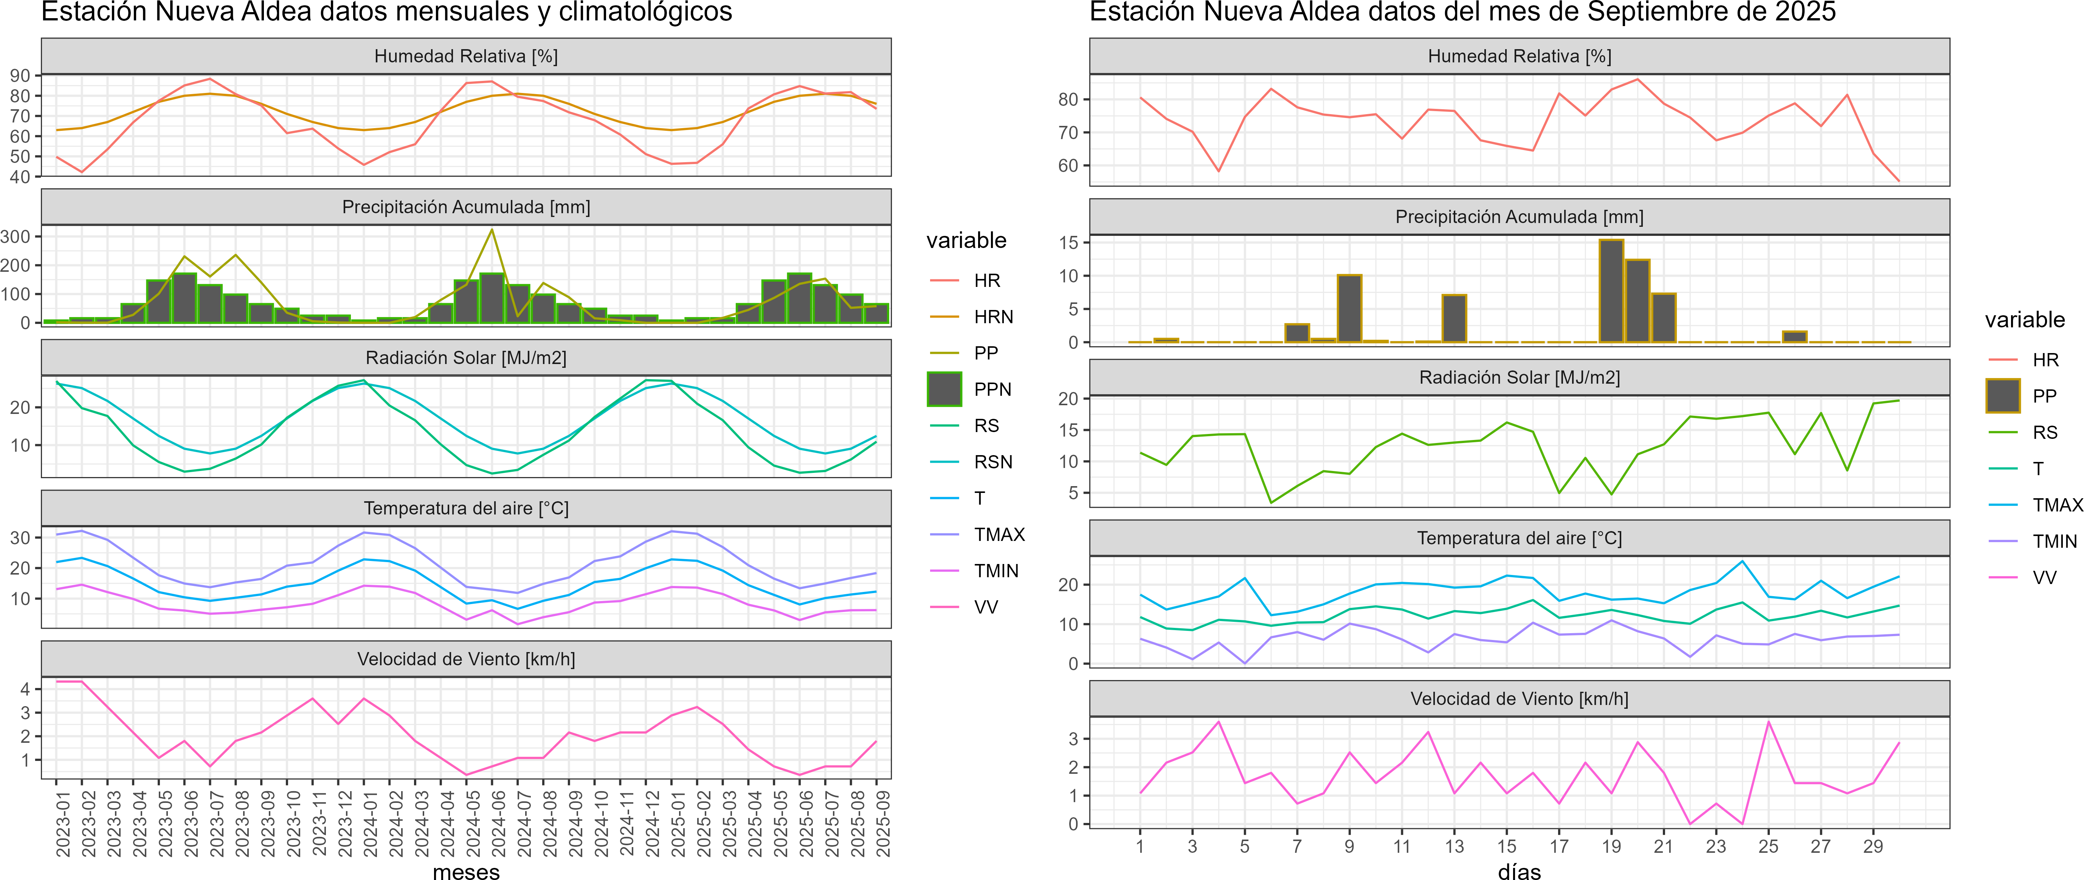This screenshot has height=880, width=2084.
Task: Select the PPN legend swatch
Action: click(x=944, y=389)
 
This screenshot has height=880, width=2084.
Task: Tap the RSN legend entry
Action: click(x=992, y=462)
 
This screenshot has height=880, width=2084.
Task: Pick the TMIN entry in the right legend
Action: click(x=2054, y=541)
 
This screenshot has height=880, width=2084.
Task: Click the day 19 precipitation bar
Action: click(x=1611, y=291)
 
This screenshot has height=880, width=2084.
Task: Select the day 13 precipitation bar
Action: click(x=1454, y=319)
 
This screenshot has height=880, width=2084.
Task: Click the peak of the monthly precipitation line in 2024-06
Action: click(x=492, y=231)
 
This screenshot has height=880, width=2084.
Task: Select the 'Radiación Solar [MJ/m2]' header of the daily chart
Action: click(x=1518, y=378)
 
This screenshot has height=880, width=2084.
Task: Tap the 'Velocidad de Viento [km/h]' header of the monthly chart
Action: click(x=466, y=659)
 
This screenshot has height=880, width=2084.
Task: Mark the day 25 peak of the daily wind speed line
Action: click(x=1768, y=722)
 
